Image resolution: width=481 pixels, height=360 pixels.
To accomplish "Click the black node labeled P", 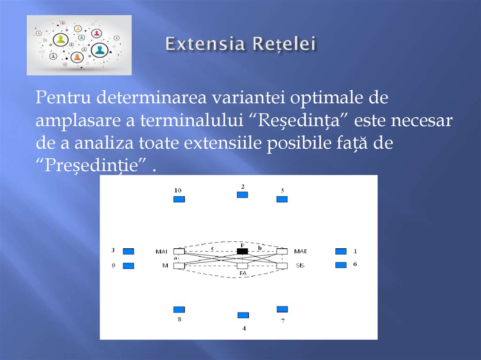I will [x=242, y=251].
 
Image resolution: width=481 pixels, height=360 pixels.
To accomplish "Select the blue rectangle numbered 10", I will [x=179, y=199].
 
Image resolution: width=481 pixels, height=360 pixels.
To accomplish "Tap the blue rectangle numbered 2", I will [x=242, y=195].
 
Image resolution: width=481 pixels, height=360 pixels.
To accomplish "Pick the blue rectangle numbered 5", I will [x=282, y=199].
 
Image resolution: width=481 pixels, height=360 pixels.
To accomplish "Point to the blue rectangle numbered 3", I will [x=128, y=251].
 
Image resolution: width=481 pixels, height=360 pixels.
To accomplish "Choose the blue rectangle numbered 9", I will [x=128, y=266].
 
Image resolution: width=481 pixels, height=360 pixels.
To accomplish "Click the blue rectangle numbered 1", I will [x=341, y=251].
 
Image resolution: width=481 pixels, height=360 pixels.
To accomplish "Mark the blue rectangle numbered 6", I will [x=341, y=265].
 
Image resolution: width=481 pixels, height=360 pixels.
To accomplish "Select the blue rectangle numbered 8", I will [x=179, y=309].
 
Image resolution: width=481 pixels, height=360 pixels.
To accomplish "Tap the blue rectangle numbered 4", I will [x=243, y=315].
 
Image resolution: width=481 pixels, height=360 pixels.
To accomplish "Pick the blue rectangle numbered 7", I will [x=282, y=309].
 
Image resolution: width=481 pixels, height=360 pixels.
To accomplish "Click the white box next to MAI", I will [x=179, y=252].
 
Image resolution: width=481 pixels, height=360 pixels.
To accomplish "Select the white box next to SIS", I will [x=282, y=266].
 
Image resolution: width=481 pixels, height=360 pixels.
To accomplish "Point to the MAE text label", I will [x=300, y=252].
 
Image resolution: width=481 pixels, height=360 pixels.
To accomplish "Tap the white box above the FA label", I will [x=242, y=266].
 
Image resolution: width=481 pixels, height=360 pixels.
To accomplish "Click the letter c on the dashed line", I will [x=212, y=247].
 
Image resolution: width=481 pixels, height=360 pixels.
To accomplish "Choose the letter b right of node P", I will [x=260, y=247].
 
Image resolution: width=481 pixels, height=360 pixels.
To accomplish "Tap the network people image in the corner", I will [x=79, y=45].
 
